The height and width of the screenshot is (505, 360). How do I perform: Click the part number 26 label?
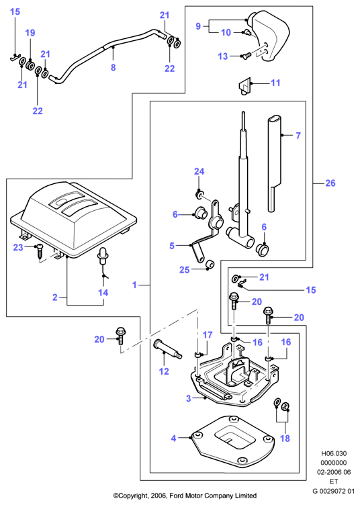pos(330,183)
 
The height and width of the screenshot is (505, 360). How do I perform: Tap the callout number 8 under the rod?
pos(113,67)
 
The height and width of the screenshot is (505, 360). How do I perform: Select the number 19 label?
pos(30,33)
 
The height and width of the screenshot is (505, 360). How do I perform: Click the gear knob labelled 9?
pos(270,36)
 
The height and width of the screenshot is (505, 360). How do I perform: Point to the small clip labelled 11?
pos(245,86)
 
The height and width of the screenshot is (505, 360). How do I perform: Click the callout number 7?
pos(298,136)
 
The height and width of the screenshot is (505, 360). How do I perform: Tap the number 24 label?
pos(199,171)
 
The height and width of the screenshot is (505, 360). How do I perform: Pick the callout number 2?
pos(55,297)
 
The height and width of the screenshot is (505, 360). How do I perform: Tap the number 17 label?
pos(208,335)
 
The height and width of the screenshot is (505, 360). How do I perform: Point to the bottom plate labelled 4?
pos(233,441)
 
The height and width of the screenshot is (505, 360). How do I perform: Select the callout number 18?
pos(285,439)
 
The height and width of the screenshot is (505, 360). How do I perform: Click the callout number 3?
pos(189,398)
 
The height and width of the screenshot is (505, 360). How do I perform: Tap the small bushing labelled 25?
pos(210,263)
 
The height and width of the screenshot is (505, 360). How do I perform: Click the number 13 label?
pos(223,56)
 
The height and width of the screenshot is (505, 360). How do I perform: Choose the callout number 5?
pos(172,246)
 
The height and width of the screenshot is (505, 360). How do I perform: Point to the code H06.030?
pos(334,454)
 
